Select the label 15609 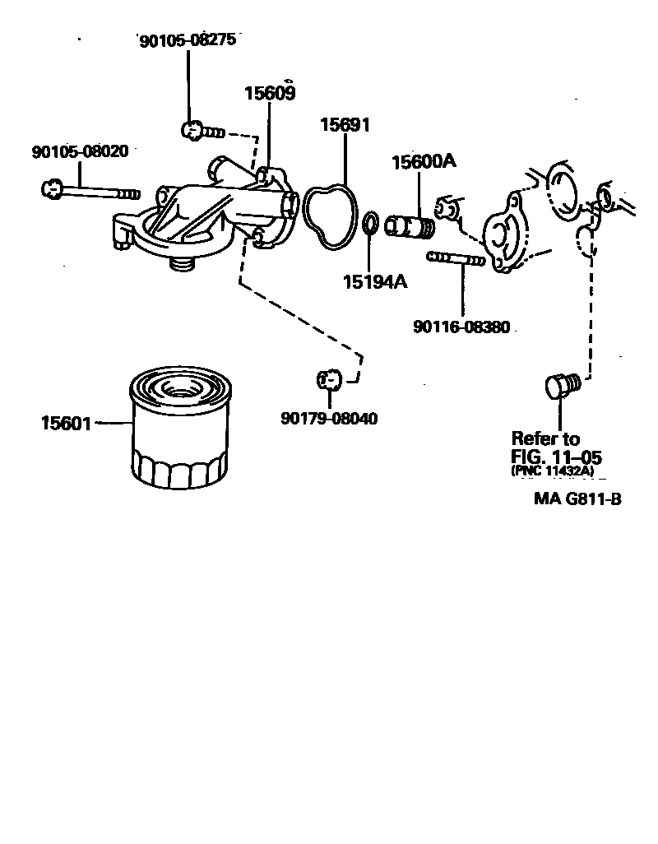(x=269, y=93)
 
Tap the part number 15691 (x=345, y=125)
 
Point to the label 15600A (x=423, y=162)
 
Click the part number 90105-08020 (x=80, y=152)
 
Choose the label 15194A (x=375, y=282)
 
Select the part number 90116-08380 (x=461, y=327)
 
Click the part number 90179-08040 (x=329, y=418)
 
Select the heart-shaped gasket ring (x=329, y=216)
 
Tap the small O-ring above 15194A (x=371, y=223)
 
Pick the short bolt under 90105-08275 (x=201, y=130)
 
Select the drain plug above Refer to (x=561, y=384)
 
